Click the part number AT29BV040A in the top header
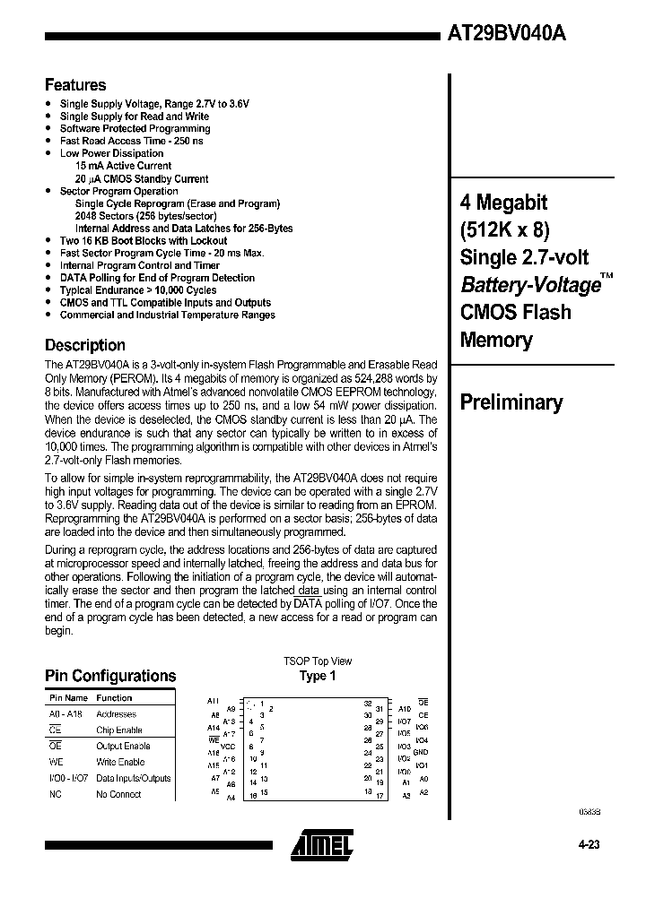507,33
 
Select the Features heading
75,85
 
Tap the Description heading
85,345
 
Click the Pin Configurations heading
110,677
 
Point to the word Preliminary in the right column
511,402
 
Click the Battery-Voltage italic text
529,285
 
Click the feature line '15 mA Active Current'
123,166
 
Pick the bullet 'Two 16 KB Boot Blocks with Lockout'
143,240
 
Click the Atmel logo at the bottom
322,842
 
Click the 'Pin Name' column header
68,697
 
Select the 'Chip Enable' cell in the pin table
118,730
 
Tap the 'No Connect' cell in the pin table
118,794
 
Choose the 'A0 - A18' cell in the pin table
67,714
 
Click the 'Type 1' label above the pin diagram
318,676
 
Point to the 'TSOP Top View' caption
318,661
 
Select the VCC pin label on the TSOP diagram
228,746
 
